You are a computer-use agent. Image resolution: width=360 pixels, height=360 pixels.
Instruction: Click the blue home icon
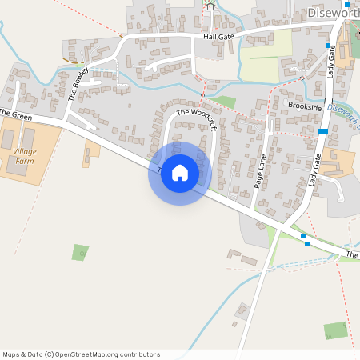tap(180, 173)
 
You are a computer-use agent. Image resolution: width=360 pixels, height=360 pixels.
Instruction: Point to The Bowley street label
tap(77, 83)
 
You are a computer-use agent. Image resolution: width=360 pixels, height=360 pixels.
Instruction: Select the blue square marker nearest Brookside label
tap(323, 130)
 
